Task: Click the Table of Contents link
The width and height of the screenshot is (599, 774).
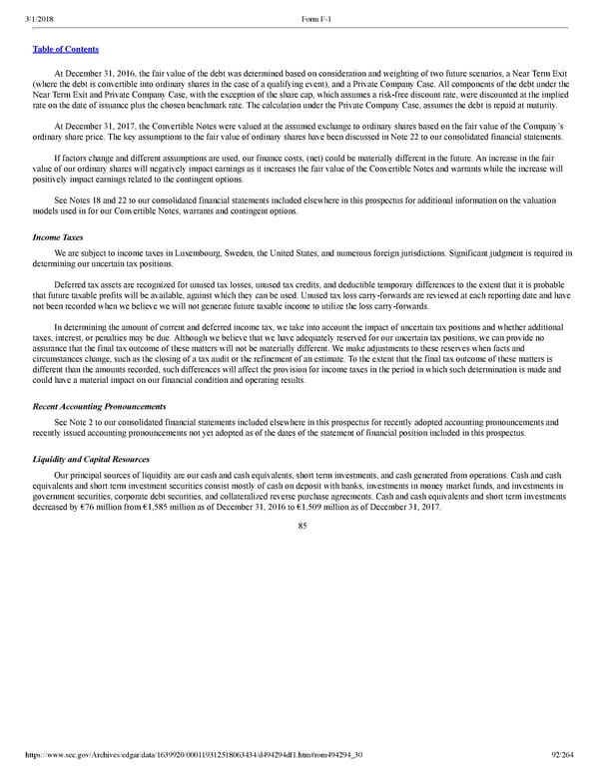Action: pos(66,48)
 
